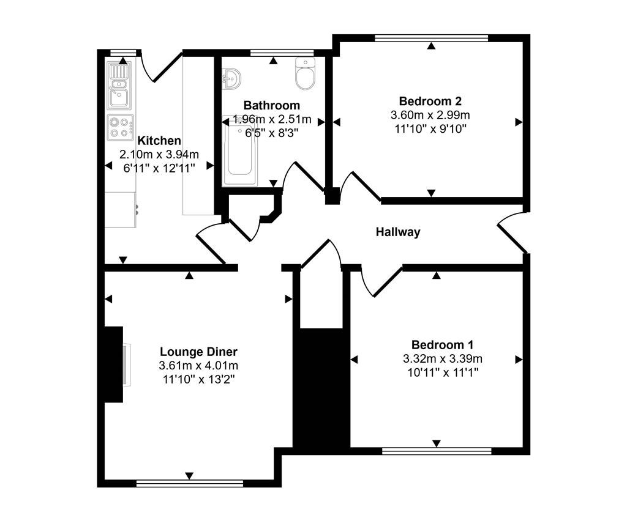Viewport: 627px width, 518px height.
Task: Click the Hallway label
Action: click(398, 232)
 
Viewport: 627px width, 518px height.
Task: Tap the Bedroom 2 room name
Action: click(430, 101)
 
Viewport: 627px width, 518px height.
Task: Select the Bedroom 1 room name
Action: click(442, 345)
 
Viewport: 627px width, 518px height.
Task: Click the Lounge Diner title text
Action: click(198, 352)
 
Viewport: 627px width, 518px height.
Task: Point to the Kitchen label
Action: click(159, 141)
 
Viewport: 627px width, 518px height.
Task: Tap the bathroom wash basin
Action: click(231, 78)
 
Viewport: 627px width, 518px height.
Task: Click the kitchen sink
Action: click(119, 86)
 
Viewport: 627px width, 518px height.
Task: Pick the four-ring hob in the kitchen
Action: click(120, 127)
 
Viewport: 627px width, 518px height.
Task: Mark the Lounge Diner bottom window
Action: click(190, 483)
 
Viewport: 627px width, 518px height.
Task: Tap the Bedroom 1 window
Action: click(437, 451)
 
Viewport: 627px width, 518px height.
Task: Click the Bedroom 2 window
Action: click(432, 38)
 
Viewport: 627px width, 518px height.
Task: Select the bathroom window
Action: click(282, 53)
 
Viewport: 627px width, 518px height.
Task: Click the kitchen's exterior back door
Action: click(160, 67)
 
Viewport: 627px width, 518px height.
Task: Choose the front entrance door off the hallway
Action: click(512, 232)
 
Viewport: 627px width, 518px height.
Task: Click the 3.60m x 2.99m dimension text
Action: click(430, 115)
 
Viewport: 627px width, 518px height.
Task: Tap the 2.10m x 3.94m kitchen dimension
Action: click(159, 155)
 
